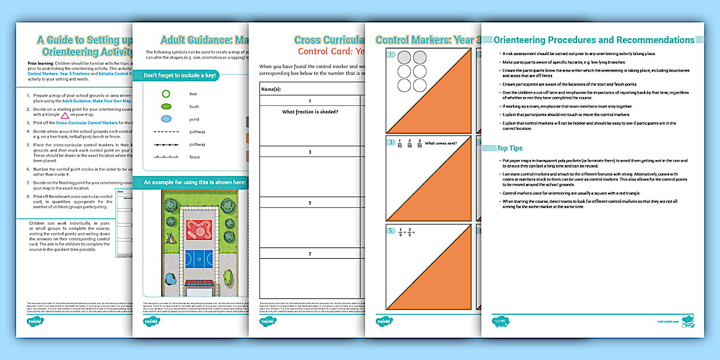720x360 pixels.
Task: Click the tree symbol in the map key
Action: tap(166, 93)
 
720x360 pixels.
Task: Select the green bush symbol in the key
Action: tap(166, 106)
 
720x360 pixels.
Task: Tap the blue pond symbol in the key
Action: tap(166, 119)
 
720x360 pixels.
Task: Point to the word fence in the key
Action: tap(194, 157)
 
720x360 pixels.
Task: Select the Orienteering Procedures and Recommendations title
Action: tap(594, 40)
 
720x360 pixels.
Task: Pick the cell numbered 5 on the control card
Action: tap(310, 203)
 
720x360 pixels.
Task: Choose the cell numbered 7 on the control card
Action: tap(310, 254)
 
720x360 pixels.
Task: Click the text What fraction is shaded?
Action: tap(310, 111)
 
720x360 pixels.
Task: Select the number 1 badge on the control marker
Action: tap(390, 55)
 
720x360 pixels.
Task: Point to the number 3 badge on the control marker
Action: tap(390, 142)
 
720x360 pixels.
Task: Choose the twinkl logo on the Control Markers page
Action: tap(385, 321)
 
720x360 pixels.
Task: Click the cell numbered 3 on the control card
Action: tap(310, 152)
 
